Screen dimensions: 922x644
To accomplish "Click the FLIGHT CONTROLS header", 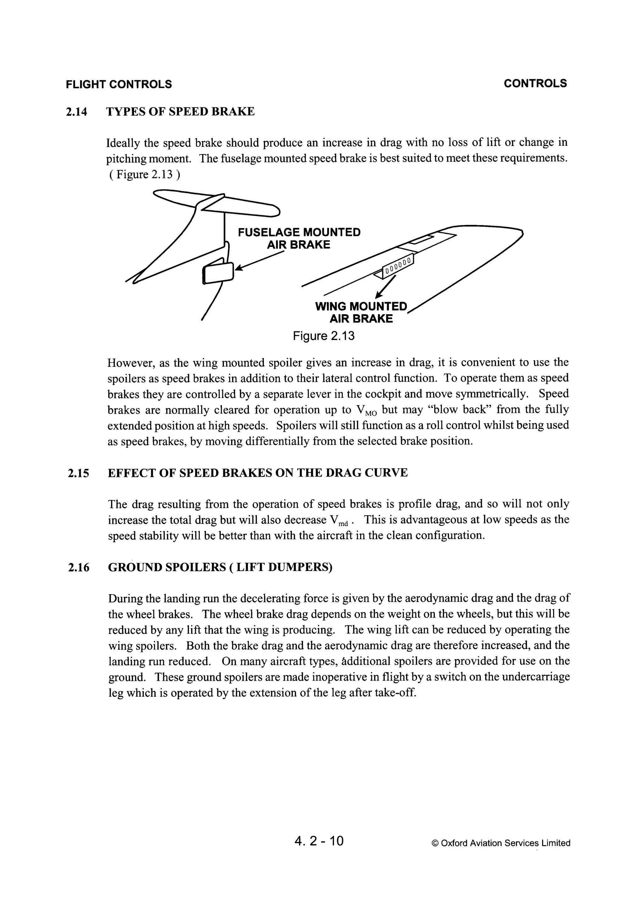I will pos(119,84).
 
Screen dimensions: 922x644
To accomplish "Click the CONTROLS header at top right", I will pos(535,84).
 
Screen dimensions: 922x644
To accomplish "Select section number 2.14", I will pos(76,112).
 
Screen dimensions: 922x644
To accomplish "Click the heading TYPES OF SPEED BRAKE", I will pos(180,112).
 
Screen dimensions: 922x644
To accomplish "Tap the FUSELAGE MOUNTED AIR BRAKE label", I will pos(299,238).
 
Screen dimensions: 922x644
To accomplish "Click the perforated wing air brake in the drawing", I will pos(397,265).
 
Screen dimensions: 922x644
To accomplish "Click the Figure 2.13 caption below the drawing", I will pos(324,336).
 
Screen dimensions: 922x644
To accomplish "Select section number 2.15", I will pos(78,473).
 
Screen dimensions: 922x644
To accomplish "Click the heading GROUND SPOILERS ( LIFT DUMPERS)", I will pos(220,567).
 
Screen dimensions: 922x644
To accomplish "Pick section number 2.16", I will pos(78,568).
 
